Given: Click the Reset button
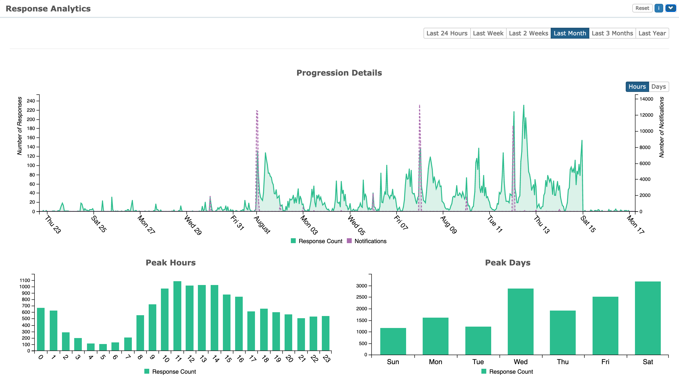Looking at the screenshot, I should [x=642, y=8].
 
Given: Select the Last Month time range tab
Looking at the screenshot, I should [x=570, y=33].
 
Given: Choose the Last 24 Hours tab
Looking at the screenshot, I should [x=447, y=33].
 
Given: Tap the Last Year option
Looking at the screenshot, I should [x=652, y=33].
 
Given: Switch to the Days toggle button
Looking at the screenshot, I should [x=658, y=86].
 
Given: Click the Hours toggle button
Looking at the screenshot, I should [x=637, y=86].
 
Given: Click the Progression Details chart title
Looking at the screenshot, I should [x=339, y=73].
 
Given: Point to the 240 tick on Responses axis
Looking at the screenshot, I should [x=31, y=101].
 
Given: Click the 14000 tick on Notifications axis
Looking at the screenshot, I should [x=646, y=99].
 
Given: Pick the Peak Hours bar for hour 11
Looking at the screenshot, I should [x=177, y=315].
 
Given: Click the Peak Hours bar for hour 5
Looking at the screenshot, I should [x=103, y=347].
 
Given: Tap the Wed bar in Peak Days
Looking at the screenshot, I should [x=520, y=321].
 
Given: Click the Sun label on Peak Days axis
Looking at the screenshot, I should [x=393, y=362].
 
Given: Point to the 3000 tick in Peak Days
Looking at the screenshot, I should [x=362, y=286].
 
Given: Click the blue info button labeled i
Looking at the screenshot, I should [x=659, y=8].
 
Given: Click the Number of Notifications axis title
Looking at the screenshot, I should [x=662, y=127].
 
